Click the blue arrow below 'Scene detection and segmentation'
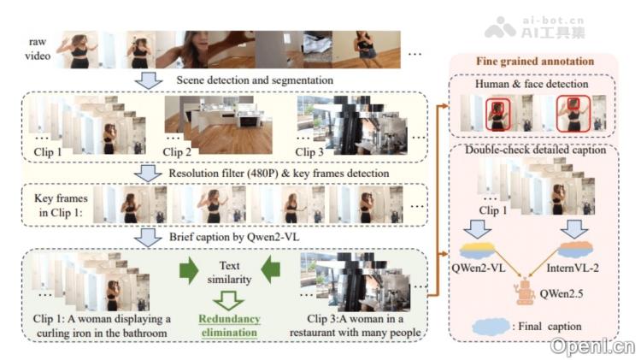point(150,80)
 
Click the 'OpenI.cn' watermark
point(593,346)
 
